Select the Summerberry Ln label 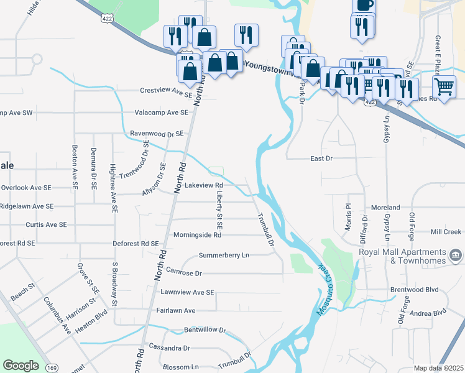(x=224, y=256)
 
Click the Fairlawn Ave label (x=176, y=310)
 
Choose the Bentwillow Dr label (x=205, y=330)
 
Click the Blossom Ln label (x=180, y=367)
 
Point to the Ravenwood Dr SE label (x=157, y=134)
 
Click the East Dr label (x=322, y=159)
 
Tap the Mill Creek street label (x=445, y=232)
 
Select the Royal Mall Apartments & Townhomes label (x=403, y=256)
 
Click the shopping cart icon (x=444, y=86)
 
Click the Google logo (x=21, y=366)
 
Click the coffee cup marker (x=364, y=4)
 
